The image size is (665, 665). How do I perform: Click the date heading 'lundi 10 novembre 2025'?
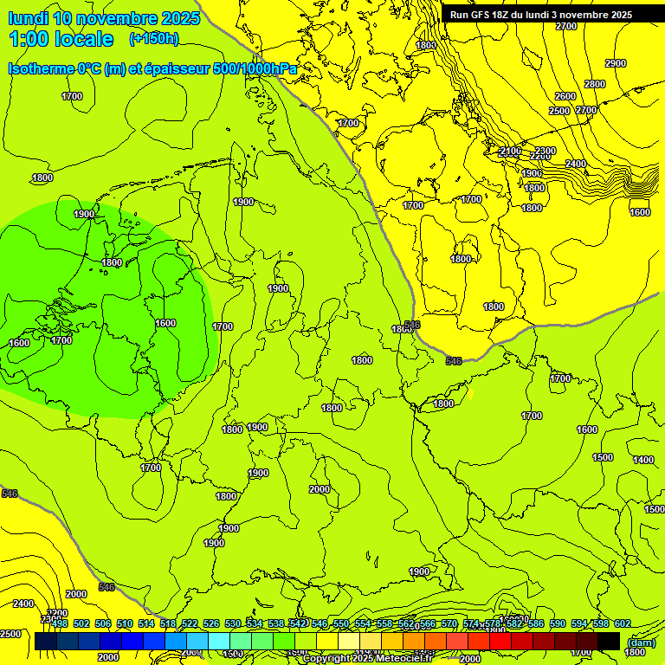104,18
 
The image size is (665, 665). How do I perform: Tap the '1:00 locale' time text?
61,39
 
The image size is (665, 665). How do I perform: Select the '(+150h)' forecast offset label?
153,39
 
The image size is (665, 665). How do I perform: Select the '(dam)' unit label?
641,642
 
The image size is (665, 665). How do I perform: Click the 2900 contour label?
616,63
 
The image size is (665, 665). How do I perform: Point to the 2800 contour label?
595,84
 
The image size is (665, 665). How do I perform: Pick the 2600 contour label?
565,96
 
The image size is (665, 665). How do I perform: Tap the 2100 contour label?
511,152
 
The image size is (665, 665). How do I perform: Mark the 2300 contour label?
545,152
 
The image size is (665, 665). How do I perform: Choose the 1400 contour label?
643,460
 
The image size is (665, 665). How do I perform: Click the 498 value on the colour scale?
60,624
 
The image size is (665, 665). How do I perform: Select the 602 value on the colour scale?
623,624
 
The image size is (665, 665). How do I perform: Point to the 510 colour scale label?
125,624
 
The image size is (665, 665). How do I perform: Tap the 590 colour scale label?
558,624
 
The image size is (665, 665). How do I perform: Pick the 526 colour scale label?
211,624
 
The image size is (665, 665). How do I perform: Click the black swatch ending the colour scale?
609,641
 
